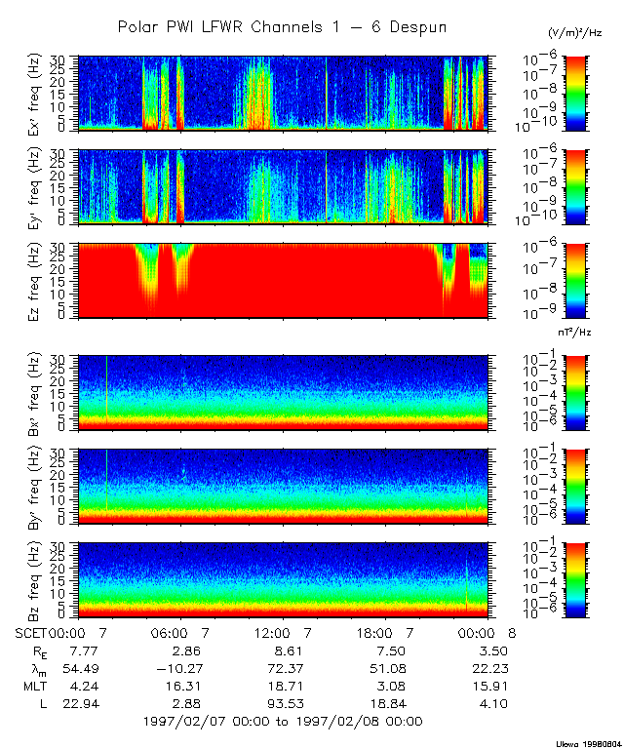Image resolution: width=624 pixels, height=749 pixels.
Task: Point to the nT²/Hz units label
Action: (578, 333)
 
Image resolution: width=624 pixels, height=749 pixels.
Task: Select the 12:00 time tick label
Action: (281, 632)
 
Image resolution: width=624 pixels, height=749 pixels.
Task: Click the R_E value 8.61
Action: (281, 650)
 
